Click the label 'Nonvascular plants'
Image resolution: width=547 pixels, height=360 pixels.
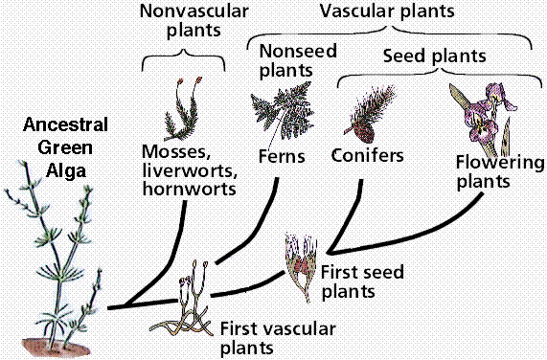(193, 21)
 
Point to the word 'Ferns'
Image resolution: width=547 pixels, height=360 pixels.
(281, 154)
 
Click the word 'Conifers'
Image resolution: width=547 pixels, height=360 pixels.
(366, 154)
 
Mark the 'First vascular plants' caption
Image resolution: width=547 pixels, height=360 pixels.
(278, 337)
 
